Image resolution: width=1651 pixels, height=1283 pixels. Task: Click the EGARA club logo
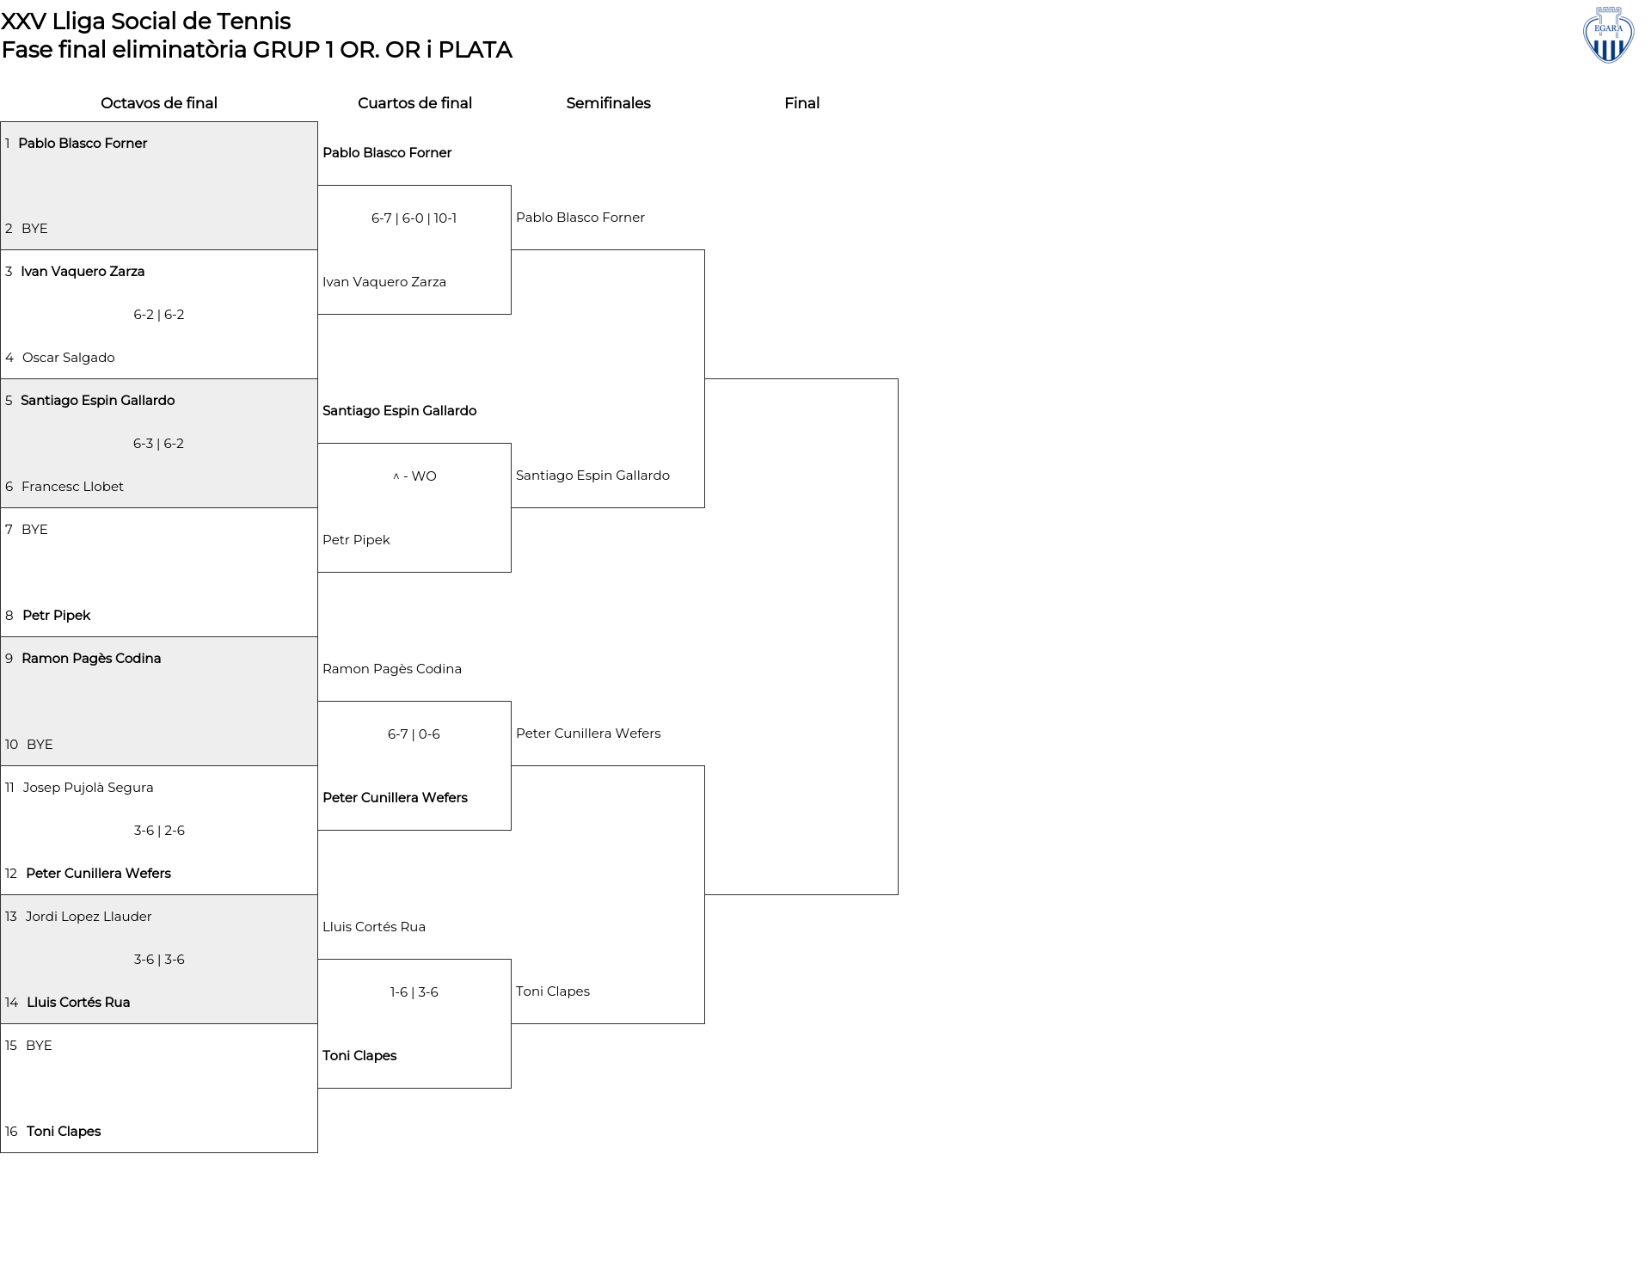click(1608, 35)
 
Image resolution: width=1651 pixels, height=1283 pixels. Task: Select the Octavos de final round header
click(159, 103)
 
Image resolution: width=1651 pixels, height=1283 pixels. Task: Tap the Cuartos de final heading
click(414, 103)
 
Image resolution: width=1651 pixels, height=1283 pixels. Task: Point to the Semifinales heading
click(608, 103)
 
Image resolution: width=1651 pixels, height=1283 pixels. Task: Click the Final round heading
click(801, 103)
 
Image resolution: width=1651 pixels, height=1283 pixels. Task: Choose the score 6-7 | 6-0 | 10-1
click(414, 218)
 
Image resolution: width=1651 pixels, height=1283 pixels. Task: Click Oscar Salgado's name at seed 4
click(69, 358)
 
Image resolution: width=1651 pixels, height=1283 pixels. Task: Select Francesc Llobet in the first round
click(72, 487)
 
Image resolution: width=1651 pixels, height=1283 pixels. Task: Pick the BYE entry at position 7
click(34, 530)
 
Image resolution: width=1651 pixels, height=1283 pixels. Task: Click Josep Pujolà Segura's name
click(88, 788)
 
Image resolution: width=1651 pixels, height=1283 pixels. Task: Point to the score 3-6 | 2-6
click(159, 831)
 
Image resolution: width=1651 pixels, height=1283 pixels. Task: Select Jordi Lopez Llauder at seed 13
click(89, 917)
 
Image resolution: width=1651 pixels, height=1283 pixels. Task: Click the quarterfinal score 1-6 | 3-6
click(414, 992)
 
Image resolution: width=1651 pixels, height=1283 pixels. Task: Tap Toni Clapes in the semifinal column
click(553, 991)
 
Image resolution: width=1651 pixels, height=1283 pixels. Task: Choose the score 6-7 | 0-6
click(414, 734)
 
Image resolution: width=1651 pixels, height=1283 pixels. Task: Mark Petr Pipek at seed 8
click(56, 616)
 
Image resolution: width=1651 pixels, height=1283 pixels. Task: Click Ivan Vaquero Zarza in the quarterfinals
click(384, 282)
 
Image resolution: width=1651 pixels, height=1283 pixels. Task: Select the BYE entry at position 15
click(39, 1046)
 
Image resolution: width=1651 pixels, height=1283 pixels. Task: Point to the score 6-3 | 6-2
click(158, 444)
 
